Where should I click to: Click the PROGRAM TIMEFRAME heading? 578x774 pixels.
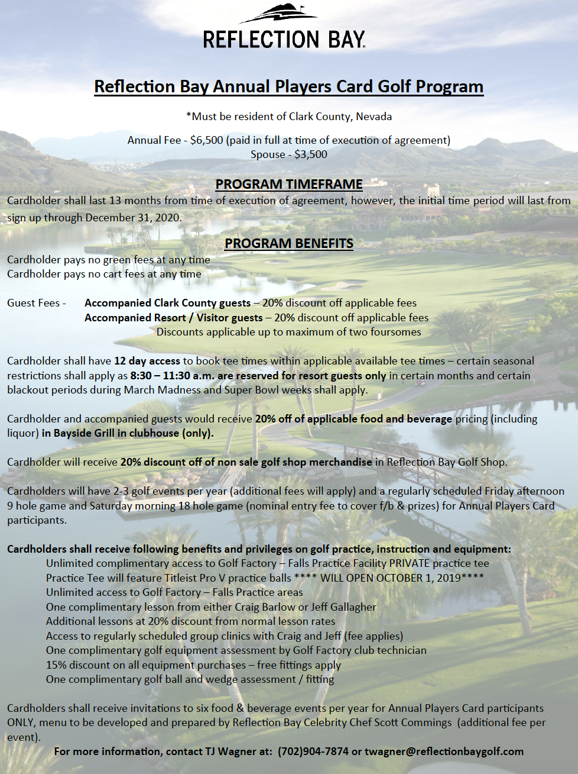288,184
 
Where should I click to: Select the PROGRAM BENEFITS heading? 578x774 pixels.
288,243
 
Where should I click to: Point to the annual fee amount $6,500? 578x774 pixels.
207,140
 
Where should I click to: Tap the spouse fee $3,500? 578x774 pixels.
310,154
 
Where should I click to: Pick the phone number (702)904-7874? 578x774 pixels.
313,752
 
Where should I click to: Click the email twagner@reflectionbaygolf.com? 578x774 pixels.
444,752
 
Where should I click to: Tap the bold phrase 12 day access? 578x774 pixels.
147,361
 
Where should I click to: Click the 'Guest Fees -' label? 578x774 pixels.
37,303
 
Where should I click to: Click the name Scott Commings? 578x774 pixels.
418,723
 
